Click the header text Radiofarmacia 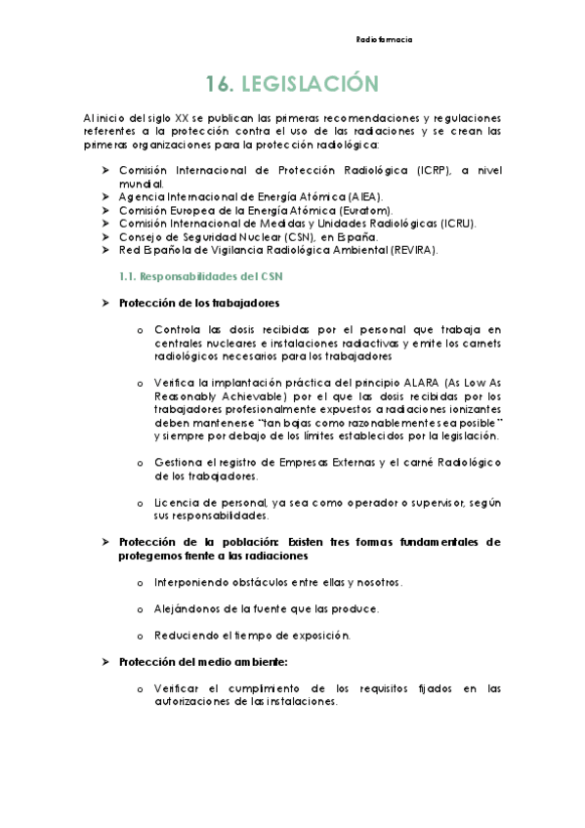click(384, 40)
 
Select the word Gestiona click(178, 462)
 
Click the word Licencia click(175, 502)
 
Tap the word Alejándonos click(187, 608)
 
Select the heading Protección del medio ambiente click(203, 661)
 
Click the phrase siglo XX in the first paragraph click(168, 117)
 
